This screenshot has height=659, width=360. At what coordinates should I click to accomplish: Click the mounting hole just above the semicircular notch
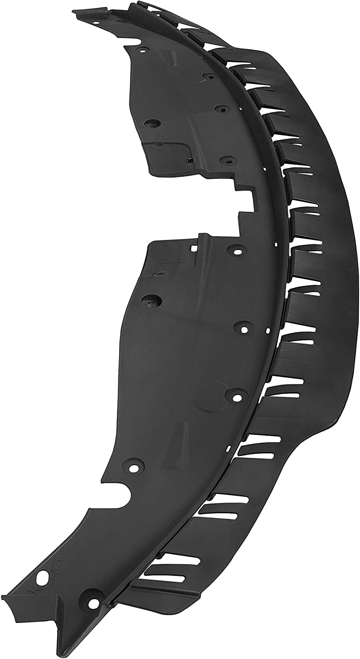pos(133,463)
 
